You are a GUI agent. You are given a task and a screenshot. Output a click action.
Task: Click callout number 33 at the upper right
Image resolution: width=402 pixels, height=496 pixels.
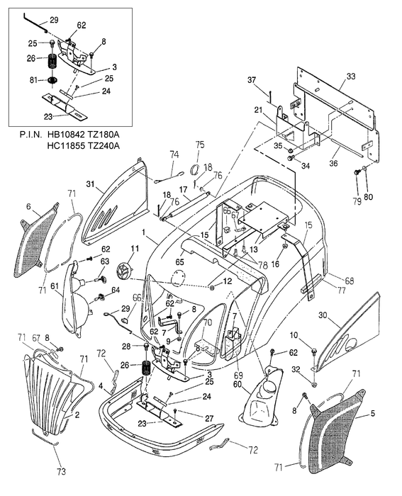pyautogui.click(x=352, y=76)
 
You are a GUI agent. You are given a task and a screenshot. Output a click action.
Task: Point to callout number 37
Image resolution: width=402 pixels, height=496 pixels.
pyautogui.click(x=252, y=81)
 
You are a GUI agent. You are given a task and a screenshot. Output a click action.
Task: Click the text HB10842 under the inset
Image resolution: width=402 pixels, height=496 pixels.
pyautogui.click(x=68, y=134)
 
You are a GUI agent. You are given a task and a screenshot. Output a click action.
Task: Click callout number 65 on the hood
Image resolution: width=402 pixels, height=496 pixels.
pyautogui.click(x=179, y=261)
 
